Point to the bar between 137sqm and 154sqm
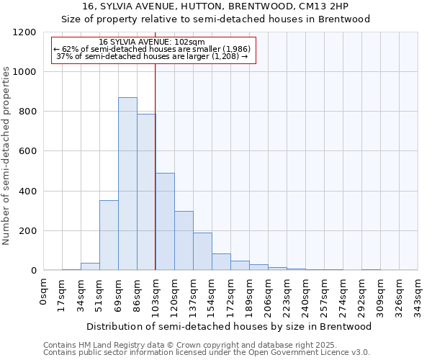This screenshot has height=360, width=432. pyautogui.click(x=202, y=252)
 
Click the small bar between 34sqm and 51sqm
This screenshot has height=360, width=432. pyautogui.click(x=90, y=266)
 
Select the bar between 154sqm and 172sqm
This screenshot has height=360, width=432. pyautogui.click(x=221, y=262)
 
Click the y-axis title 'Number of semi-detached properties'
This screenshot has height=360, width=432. pyautogui.click(x=6, y=151)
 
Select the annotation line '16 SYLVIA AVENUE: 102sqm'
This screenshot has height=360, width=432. pyautogui.click(x=152, y=42)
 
